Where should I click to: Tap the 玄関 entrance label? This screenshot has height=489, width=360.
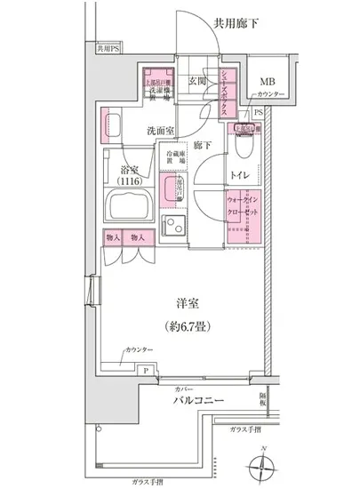(x=197, y=82)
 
